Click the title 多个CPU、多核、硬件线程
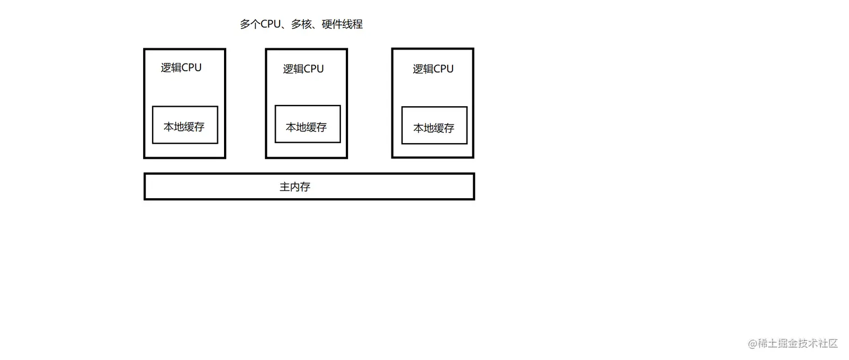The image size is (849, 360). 301,24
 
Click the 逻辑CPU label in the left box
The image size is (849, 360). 181,68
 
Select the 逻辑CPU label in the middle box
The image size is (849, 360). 303,69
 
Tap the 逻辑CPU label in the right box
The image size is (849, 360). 433,69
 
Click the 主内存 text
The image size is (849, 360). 295,187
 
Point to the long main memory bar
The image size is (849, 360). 393,186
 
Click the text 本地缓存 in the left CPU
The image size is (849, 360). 184,127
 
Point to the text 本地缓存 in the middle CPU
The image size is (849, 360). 306,127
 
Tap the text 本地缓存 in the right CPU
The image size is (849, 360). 433,128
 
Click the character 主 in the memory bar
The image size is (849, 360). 285,187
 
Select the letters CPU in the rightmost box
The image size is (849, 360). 443,69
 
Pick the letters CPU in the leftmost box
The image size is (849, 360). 191,68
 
